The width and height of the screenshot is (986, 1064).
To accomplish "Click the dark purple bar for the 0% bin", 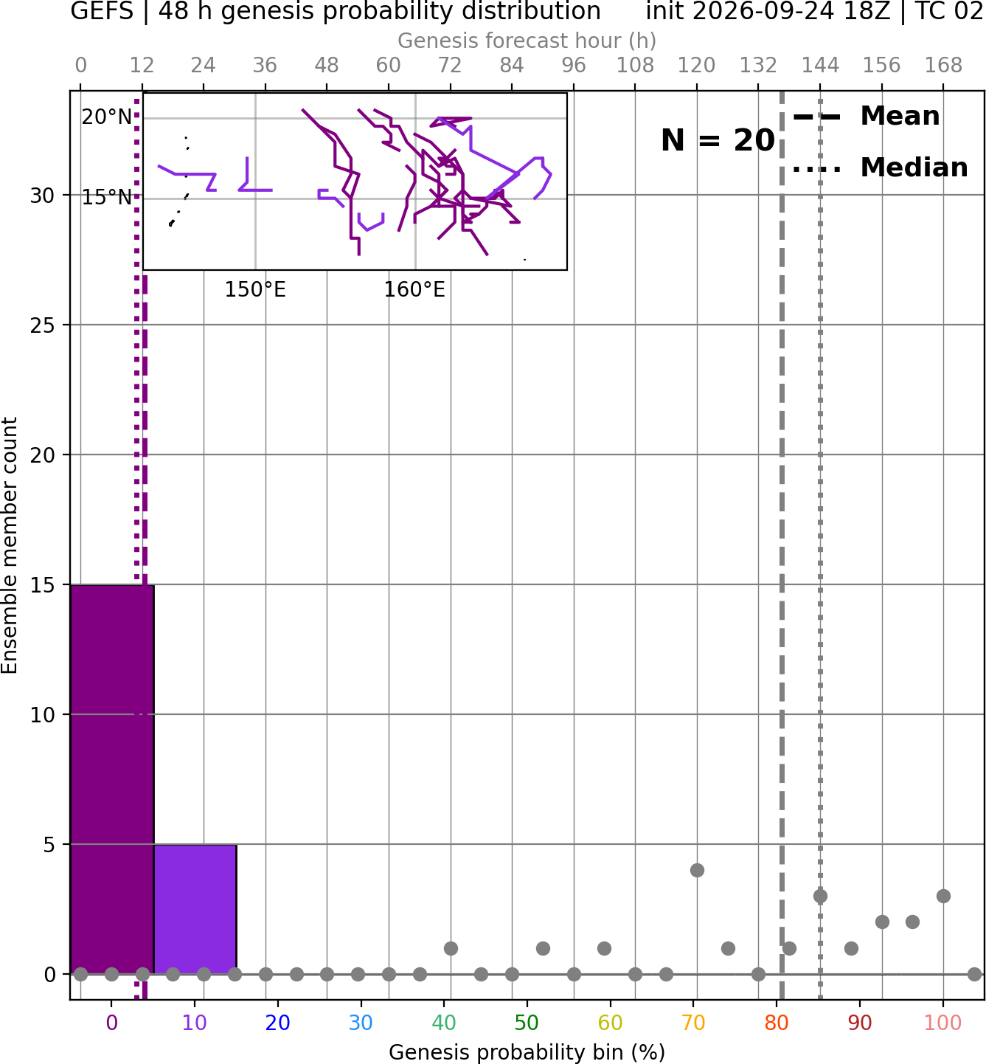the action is (x=112, y=779).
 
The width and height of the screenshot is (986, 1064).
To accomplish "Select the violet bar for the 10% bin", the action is (x=195, y=910).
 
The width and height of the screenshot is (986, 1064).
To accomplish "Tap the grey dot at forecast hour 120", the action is (x=698, y=871).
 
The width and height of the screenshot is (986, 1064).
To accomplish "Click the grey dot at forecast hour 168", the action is (x=944, y=897).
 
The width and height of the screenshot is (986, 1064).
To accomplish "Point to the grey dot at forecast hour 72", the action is (x=451, y=949).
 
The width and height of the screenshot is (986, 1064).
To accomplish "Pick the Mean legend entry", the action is (x=866, y=117).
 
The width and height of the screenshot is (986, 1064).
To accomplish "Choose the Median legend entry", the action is (x=880, y=167).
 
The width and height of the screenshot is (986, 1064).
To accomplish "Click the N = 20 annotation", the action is (x=718, y=140).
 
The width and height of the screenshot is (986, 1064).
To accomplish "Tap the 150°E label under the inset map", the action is (x=255, y=290).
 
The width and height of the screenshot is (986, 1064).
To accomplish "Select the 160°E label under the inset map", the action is (x=414, y=290).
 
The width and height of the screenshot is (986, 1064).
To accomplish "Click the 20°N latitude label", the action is (x=107, y=117).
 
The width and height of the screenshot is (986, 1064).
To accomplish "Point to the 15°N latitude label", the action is (x=107, y=198).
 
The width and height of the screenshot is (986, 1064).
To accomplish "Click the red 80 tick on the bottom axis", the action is (x=777, y=1023).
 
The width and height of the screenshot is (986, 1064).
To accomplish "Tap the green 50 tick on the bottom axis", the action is (x=527, y=1023).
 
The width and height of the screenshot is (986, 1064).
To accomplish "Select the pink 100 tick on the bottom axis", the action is (x=943, y=1023).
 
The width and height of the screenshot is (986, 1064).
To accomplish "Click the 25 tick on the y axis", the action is (x=43, y=325).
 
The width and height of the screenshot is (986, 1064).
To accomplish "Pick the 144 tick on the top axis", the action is (x=820, y=66).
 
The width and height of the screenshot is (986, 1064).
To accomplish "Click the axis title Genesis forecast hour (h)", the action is (x=527, y=41).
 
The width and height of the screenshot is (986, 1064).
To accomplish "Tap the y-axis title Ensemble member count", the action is (x=9, y=545).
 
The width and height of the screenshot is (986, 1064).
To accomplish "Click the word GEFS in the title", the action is (x=102, y=11).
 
